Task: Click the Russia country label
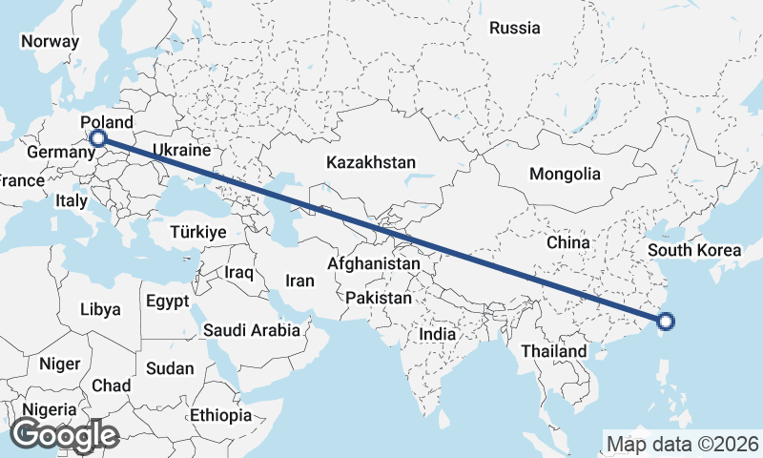515,28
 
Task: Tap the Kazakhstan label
371,162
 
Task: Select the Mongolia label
566,174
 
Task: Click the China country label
568,242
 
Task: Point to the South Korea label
693,251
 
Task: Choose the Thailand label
554,351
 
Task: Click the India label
438,335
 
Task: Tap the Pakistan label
379,298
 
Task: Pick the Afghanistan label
374,262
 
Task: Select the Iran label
299,281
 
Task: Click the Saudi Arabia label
252,330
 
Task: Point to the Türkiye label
196,232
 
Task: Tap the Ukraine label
180,151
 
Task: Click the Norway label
50,41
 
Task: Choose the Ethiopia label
220,415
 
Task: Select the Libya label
100,309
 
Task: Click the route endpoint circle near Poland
97,138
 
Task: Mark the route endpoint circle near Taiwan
666,322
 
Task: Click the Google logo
64,435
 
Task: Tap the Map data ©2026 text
683,444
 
